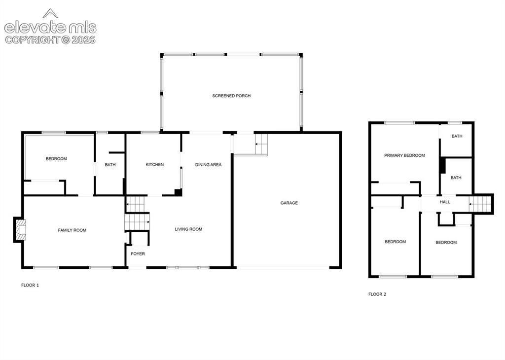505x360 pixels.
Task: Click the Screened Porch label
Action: click(231, 96)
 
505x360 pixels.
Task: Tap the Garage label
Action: click(289, 203)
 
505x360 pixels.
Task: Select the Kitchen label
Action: click(154, 165)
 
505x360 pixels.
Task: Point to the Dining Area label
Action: click(208, 165)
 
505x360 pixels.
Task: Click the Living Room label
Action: click(188, 229)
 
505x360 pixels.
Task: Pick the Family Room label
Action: click(72, 230)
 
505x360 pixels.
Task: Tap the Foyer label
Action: click(138, 254)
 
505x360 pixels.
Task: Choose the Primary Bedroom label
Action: click(404, 155)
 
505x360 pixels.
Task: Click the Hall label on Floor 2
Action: click(445, 202)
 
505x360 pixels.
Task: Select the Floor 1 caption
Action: click(30, 285)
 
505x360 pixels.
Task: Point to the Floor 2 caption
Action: click(377, 294)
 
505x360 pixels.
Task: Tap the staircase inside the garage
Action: click(261, 144)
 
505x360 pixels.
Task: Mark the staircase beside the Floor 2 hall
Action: click(480, 204)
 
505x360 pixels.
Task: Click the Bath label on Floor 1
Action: click(110, 165)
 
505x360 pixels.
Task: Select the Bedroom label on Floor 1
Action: click(56, 159)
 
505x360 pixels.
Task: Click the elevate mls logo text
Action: click(50, 27)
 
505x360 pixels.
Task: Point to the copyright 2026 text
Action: click(50, 40)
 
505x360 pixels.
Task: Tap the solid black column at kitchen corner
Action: click(178, 192)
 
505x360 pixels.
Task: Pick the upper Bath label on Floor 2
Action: click(457, 136)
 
